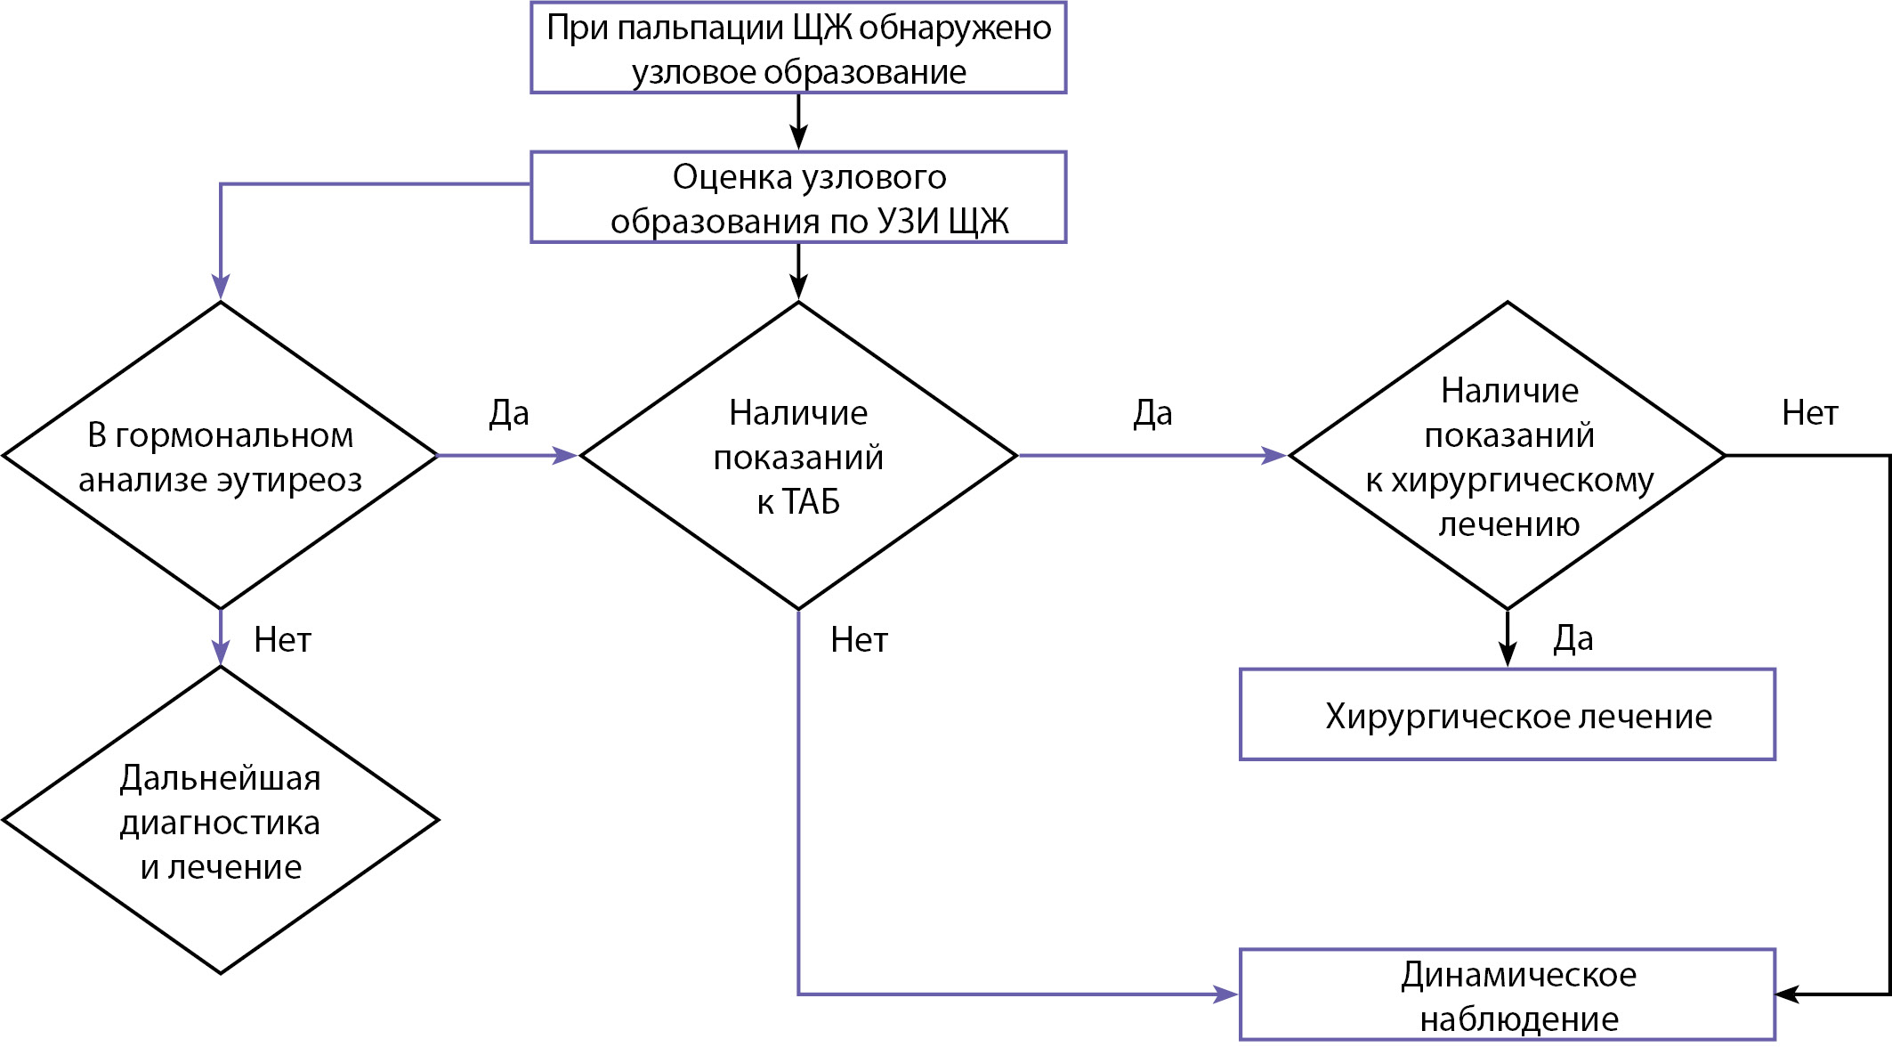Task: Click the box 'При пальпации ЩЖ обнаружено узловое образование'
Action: pos(798,48)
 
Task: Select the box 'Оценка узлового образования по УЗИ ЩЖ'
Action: pos(798,197)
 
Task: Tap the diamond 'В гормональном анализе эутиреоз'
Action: pos(221,456)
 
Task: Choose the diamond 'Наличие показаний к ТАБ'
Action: pos(798,456)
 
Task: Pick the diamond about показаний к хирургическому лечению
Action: pos(1508,456)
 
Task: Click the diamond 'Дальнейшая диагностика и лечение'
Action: pos(221,820)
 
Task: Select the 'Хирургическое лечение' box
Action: pos(1508,715)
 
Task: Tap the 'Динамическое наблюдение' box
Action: pos(1508,995)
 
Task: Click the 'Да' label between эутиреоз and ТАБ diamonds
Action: pos(509,413)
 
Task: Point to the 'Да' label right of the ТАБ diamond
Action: pos(1152,413)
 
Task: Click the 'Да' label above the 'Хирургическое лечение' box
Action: pos(1573,638)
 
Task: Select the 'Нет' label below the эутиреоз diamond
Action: pos(282,640)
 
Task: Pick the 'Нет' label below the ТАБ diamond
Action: pos(859,640)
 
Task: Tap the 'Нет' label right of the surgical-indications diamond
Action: pos(1809,413)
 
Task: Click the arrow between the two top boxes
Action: pos(798,122)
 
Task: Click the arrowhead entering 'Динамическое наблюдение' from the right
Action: pos(1787,994)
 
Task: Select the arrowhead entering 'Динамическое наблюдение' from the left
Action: pos(1226,994)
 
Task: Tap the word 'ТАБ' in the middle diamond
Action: pos(811,503)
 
